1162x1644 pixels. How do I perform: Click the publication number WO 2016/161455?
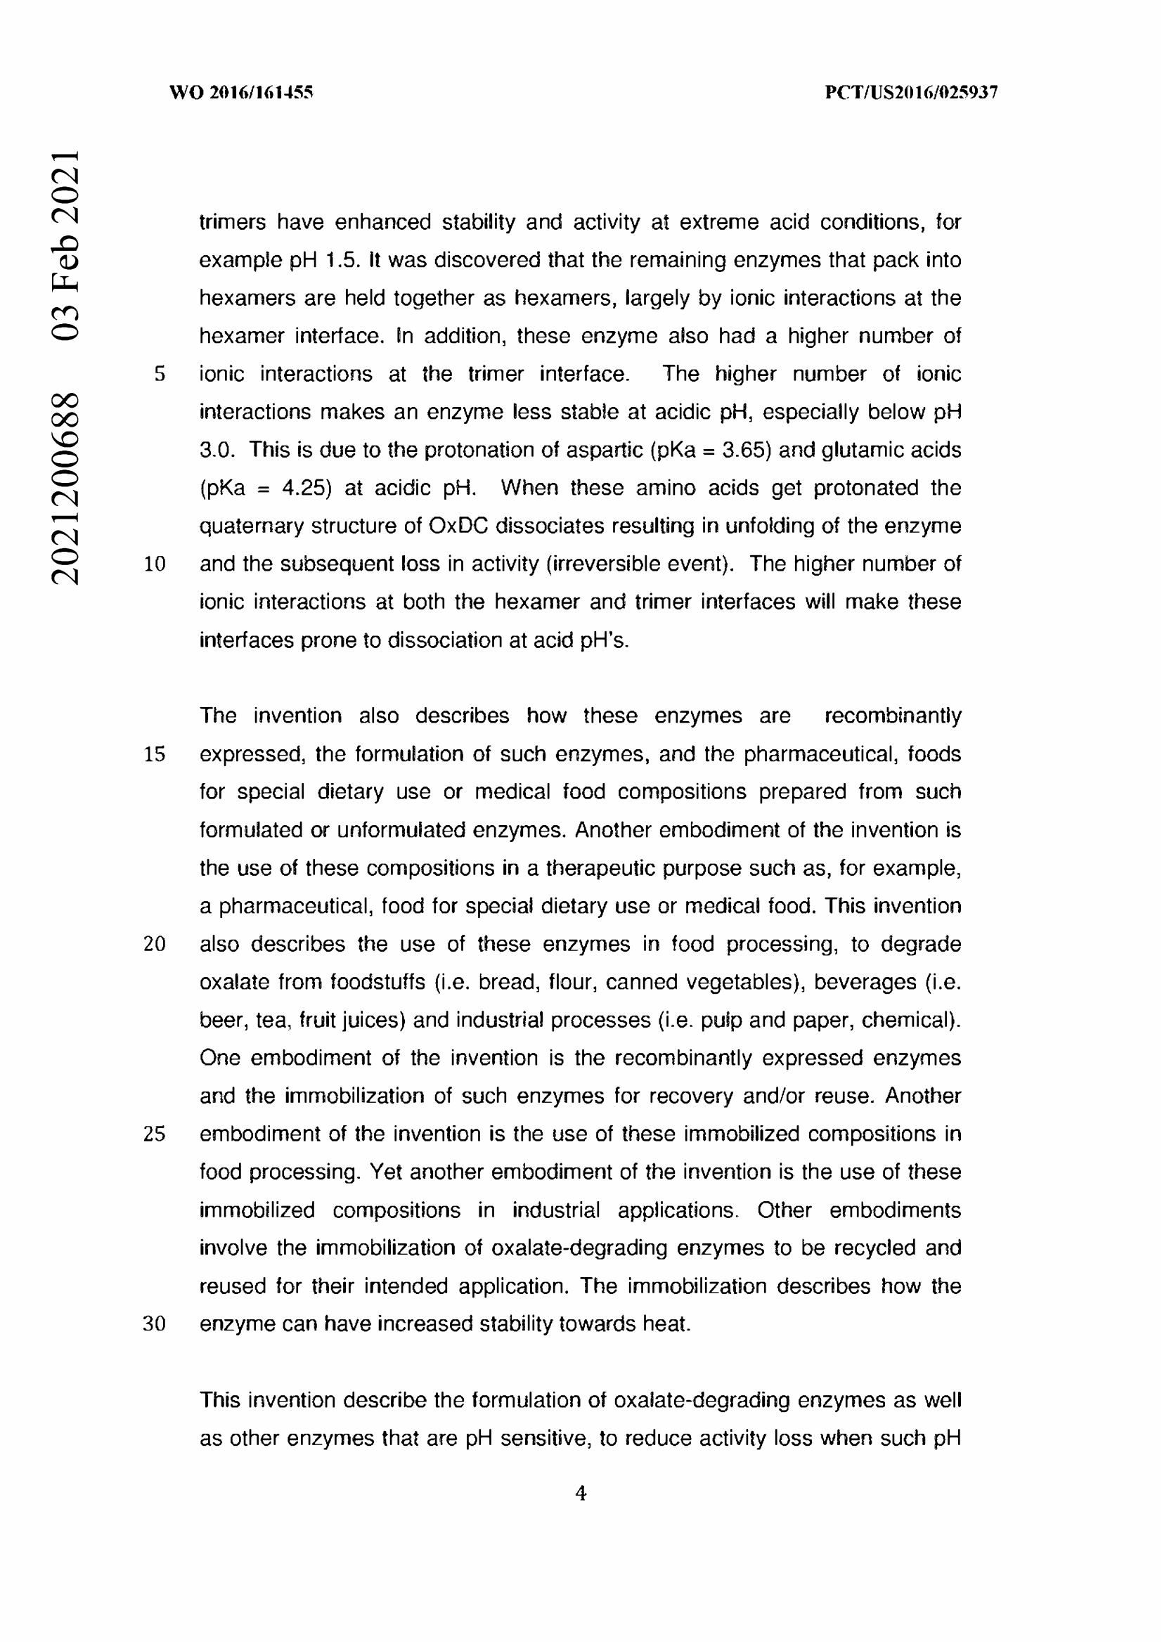pos(241,92)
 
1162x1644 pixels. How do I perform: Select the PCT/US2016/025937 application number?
pos(911,92)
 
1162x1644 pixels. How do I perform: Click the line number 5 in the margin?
pos(160,374)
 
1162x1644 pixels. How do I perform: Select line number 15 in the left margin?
pos(155,754)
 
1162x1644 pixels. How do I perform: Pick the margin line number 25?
pos(155,1134)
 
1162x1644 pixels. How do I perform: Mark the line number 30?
pos(155,1324)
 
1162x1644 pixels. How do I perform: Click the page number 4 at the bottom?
pos(581,1493)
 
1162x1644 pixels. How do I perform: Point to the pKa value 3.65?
pos(747,450)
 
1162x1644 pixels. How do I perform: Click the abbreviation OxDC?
pos(458,526)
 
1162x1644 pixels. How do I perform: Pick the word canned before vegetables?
pos(637,982)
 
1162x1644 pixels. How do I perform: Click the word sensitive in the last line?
pos(543,1438)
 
